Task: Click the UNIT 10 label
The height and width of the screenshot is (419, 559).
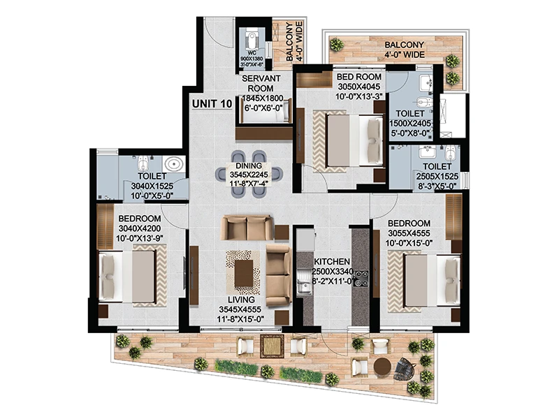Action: pos(212,103)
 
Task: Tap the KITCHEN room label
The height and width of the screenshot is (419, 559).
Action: pos(332,261)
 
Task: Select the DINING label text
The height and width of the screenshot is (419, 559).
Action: pos(249,166)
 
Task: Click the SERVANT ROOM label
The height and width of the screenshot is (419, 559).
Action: pos(261,83)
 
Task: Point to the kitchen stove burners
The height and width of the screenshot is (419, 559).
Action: pos(361,279)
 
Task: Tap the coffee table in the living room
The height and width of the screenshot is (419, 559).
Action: pos(244,273)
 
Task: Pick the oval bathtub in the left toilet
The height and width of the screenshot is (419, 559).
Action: pos(174,164)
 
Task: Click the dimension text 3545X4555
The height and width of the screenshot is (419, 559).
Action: pos(240,309)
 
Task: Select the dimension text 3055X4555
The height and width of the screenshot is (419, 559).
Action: pos(408,233)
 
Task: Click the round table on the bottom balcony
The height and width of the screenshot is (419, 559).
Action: pos(382,367)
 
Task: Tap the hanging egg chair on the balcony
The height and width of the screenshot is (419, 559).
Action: pos(405,369)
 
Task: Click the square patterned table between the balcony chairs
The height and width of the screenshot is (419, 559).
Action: pos(272,346)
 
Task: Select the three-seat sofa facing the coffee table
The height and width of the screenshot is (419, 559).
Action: pos(247,228)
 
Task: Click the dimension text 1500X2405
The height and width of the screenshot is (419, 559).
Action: pos(410,124)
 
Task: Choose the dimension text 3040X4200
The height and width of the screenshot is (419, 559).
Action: pos(140,228)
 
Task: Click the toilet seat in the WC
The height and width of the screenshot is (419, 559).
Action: pos(252,40)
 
